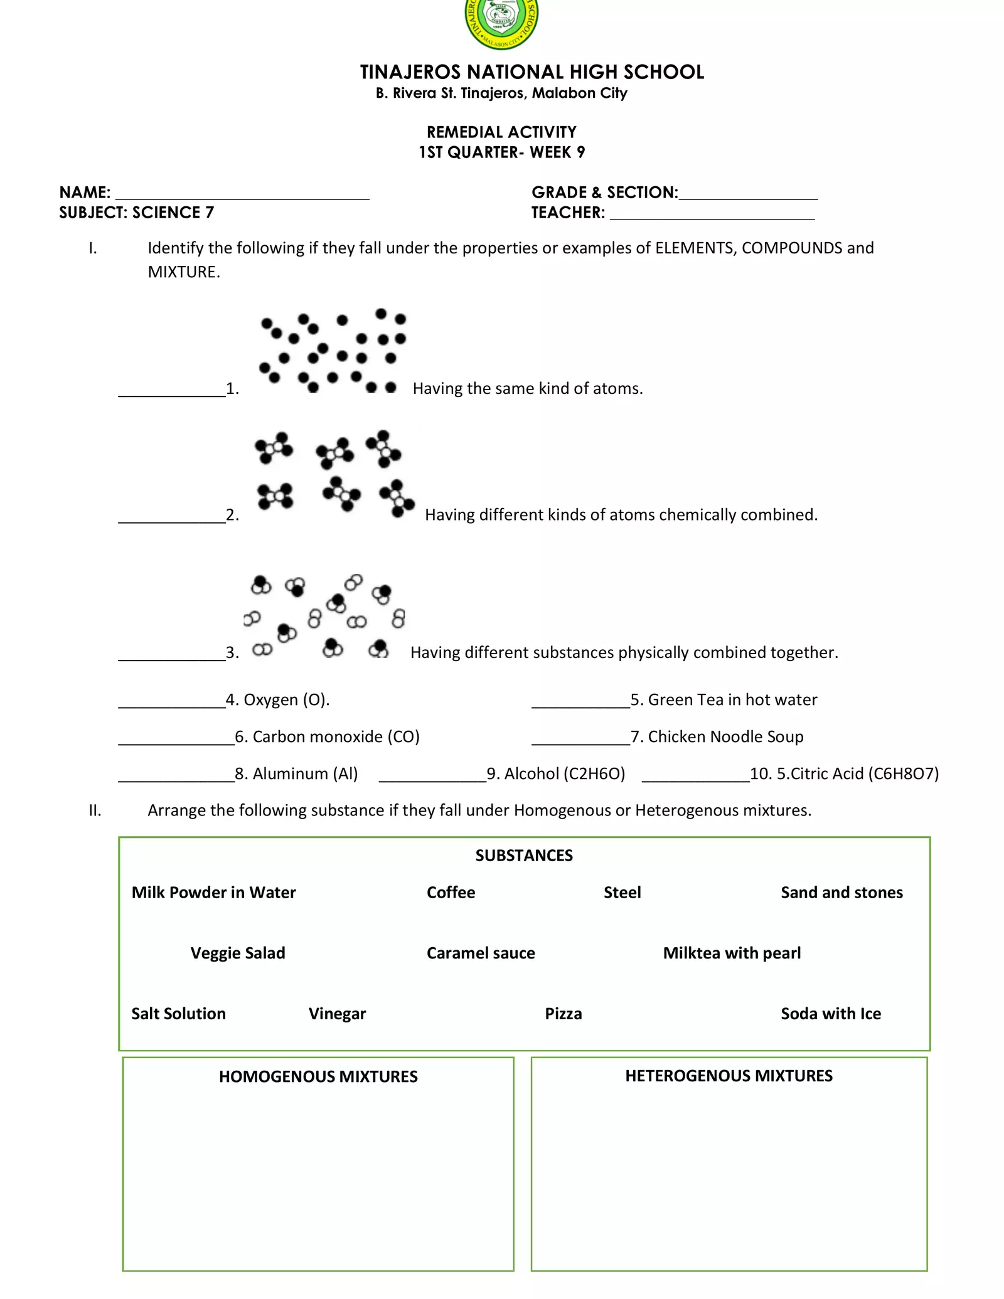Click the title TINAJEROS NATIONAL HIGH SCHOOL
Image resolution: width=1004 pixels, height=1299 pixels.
coord(531,72)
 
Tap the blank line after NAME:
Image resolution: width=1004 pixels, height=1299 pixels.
coord(242,194)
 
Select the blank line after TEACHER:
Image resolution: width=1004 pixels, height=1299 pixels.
coord(712,215)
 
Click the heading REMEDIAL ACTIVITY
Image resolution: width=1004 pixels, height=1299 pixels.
coord(501,132)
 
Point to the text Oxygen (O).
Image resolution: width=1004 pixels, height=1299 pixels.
coord(286,700)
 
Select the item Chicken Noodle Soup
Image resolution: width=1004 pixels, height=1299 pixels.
coord(725,737)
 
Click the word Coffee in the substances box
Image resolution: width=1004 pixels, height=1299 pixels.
coord(451,893)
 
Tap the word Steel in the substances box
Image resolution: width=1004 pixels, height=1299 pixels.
coord(622,893)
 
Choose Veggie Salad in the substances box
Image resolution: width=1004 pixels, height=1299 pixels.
coord(238,953)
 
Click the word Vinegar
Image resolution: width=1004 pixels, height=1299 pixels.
coord(337,1014)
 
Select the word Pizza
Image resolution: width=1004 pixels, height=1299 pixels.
coord(563,1014)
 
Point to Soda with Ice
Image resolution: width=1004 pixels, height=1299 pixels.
coord(830,1014)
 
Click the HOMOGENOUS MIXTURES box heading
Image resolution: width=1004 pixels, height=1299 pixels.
coord(318,1077)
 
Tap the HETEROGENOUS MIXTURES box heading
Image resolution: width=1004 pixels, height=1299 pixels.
coord(729,1076)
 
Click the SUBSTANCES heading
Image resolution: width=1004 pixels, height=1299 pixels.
coord(524,856)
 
